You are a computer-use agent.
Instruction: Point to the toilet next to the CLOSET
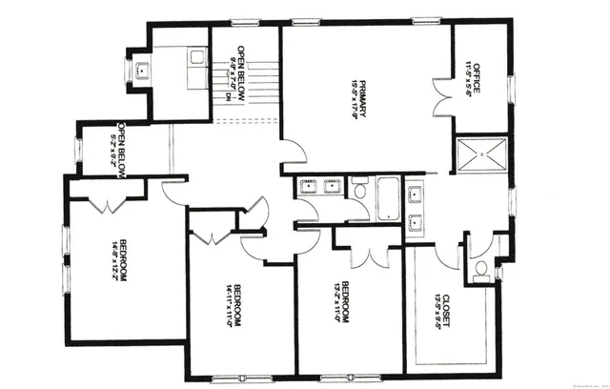tap(480, 267)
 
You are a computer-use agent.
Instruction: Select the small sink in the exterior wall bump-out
tap(141, 70)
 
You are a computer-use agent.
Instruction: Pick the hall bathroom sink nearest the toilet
tap(333, 186)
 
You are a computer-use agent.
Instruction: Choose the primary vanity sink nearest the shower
tap(417, 195)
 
